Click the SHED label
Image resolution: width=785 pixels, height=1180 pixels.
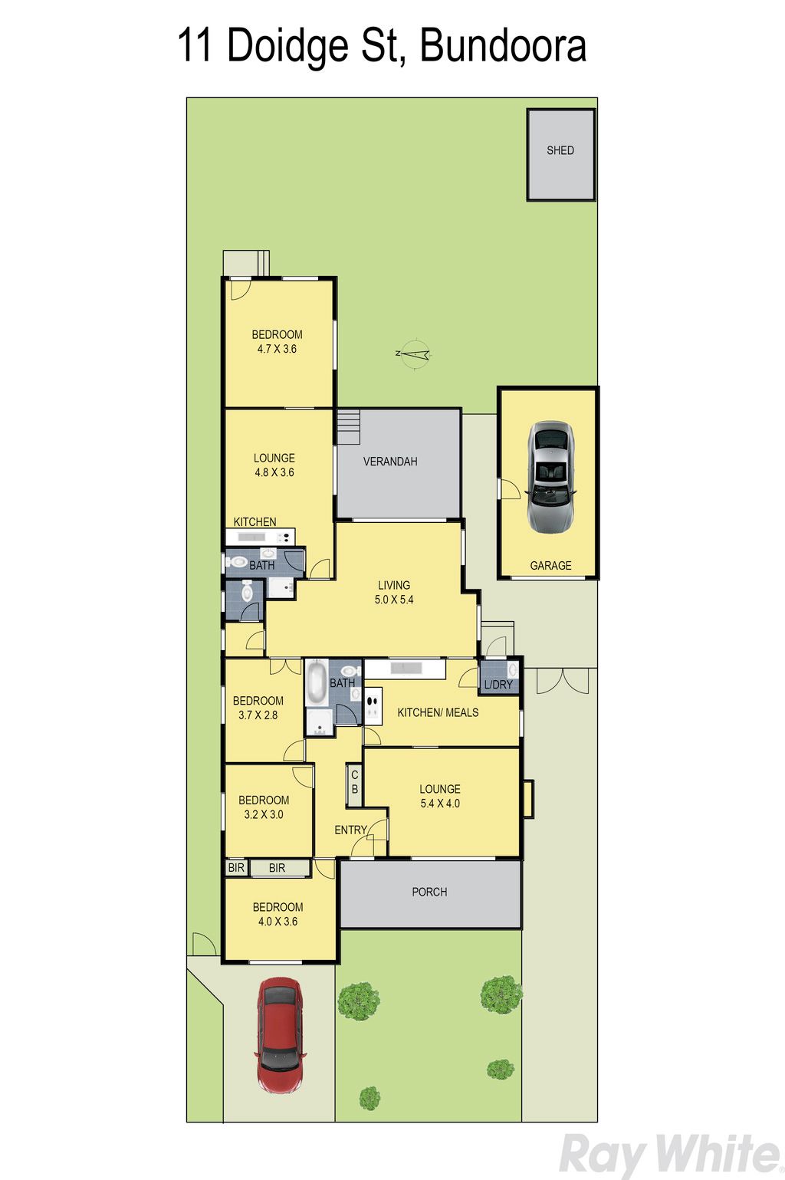click(x=560, y=150)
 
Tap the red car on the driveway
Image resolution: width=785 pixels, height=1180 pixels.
click(x=280, y=1036)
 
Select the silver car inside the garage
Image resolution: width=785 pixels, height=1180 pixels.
click(x=551, y=477)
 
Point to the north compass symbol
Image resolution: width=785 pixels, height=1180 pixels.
click(x=415, y=353)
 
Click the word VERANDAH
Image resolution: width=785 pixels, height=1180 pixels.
click(x=390, y=462)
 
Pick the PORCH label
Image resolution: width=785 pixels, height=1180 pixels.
click(x=429, y=892)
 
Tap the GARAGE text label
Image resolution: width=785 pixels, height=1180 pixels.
click(x=550, y=565)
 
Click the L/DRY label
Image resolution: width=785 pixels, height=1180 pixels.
click(x=498, y=684)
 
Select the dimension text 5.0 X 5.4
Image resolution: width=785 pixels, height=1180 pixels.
click(x=393, y=600)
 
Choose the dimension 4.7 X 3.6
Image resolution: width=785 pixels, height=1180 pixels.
click(x=277, y=349)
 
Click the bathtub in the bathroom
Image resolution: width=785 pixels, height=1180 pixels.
click(x=317, y=682)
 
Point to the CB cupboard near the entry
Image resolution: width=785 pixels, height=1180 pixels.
click(x=355, y=784)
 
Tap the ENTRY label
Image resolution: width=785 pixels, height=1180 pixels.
click(x=350, y=830)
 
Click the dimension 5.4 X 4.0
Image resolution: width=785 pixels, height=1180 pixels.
click(x=440, y=804)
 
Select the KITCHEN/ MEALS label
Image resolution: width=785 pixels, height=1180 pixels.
click(x=438, y=713)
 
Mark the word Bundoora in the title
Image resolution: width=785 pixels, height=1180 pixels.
click(x=503, y=45)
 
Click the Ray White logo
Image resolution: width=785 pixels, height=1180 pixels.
click(x=669, y=1154)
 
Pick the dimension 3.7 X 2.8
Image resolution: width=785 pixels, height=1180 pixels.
click(x=258, y=715)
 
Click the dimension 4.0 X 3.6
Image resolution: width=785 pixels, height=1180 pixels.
click(x=278, y=922)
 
